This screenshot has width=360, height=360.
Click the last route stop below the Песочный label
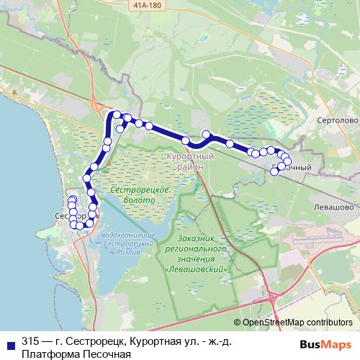click(x=274, y=171)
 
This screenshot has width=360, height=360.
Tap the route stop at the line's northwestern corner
click(x=115, y=114)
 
